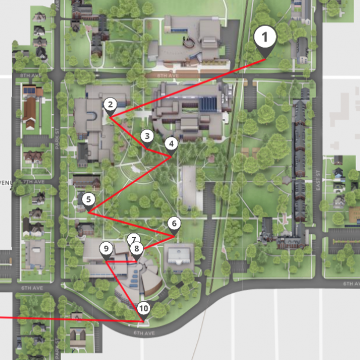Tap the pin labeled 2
pos(110,105)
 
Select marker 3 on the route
pos(147,136)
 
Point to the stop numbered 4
pos(171,143)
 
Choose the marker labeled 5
pos(88,200)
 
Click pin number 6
pos(174,223)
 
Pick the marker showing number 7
pos(134,239)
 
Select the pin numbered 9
pos(106,249)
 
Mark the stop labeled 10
pos(143,308)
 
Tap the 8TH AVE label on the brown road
pos(168,75)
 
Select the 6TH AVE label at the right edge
pos(351,283)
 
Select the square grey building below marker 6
pos(179,255)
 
